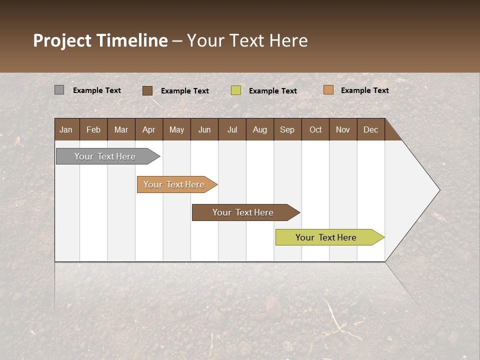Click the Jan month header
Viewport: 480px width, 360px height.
(x=66, y=130)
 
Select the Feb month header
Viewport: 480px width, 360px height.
(x=93, y=130)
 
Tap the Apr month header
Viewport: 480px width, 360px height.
(x=149, y=130)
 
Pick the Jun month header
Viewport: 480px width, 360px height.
(x=204, y=130)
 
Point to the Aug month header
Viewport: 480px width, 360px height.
(x=260, y=130)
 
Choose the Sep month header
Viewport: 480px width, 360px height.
(x=287, y=130)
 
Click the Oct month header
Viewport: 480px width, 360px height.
(x=315, y=130)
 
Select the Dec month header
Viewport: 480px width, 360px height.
(x=371, y=130)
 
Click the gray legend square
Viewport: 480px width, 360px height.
(x=59, y=90)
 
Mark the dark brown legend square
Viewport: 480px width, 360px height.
(x=147, y=90)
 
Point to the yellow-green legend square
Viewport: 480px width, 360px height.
(x=236, y=90)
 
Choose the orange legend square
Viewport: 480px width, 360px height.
(x=328, y=90)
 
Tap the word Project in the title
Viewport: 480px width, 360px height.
(x=62, y=40)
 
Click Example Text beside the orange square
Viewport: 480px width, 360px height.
(x=364, y=90)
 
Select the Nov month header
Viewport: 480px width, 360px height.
(x=343, y=130)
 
